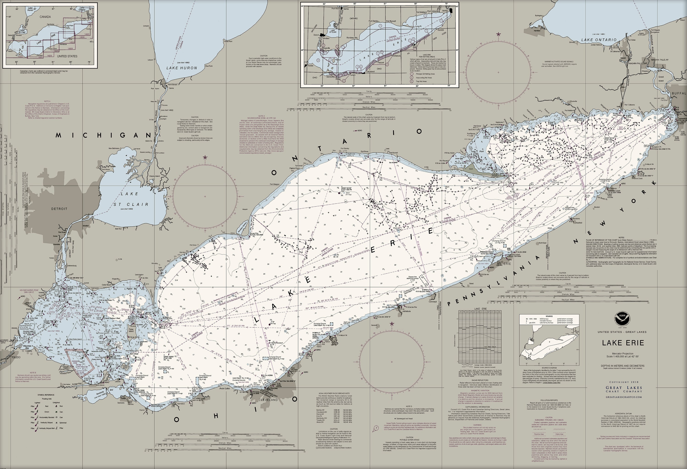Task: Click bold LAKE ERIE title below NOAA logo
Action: pyautogui.click(x=623, y=343)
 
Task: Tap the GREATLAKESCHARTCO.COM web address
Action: pyautogui.click(x=623, y=397)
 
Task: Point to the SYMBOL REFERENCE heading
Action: pyautogui.click(x=46, y=395)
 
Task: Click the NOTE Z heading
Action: pyautogui.click(x=262, y=116)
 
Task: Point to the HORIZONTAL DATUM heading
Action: pyautogui.click(x=623, y=413)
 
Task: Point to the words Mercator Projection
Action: pyautogui.click(x=623, y=353)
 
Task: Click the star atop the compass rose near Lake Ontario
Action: pyautogui.click(x=499, y=34)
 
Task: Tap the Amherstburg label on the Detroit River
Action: pyautogui.click(x=72, y=266)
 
